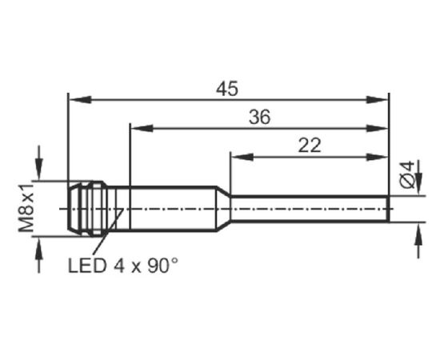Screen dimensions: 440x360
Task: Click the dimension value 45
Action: pos(227,89)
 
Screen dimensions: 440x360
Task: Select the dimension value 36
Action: pos(260,117)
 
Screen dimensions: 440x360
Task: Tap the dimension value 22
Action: pos(310,146)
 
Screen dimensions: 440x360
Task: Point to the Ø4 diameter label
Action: pos(407,174)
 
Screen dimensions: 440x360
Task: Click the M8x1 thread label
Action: pos(26,208)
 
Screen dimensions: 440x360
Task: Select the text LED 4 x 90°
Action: pos(123,266)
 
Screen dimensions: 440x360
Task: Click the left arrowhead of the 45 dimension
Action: pos(80,99)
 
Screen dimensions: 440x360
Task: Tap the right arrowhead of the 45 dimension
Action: pos(377,99)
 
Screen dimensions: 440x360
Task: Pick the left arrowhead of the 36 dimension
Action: pos(142,129)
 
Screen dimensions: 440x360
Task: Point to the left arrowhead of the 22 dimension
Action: pos(242,157)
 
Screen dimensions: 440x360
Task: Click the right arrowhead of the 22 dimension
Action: pos(377,157)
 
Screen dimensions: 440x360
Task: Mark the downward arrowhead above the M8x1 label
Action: pos(39,169)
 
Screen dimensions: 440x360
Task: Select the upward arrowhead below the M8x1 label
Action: pos(39,248)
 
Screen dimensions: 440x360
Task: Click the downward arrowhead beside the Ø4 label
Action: pos(418,184)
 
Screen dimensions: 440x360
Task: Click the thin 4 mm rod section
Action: pos(310,209)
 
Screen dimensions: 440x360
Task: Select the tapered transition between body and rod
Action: pos(223,209)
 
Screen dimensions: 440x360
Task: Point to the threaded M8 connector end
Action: pos(87,209)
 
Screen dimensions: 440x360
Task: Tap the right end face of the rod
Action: pos(389,209)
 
